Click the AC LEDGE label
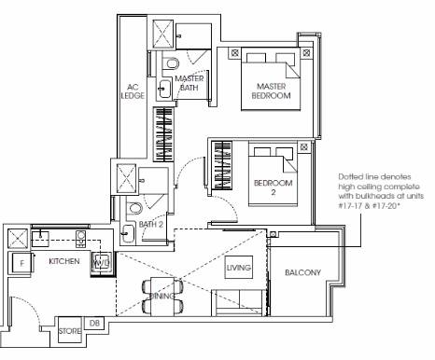(x=133, y=91)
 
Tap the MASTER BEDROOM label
(x=271, y=90)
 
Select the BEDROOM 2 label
(x=273, y=187)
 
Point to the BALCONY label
(x=302, y=272)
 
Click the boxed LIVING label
(x=239, y=268)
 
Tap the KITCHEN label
(x=64, y=261)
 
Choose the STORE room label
(x=70, y=331)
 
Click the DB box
(x=94, y=324)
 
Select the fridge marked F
(x=21, y=263)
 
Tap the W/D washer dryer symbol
(x=102, y=263)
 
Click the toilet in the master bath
(x=172, y=63)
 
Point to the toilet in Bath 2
(x=135, y=208)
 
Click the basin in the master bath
(x=164, y=89)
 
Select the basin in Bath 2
(x=128, y=233)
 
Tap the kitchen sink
(x=40, y=239)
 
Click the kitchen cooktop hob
(x=80, y=239)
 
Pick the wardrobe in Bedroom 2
(x=221, y=166)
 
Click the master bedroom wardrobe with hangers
(x=163, y=134)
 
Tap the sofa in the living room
(x=239, y=302)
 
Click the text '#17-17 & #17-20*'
(x=369, y=206)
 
